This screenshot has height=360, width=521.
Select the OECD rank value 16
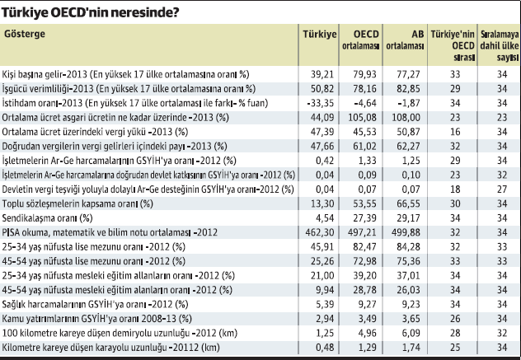(450, 130)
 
